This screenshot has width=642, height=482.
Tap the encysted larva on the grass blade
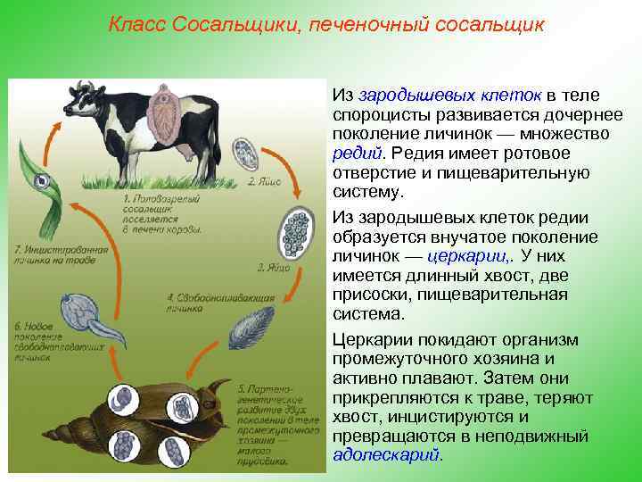42,182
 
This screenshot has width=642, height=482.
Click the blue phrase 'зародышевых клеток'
447,95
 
